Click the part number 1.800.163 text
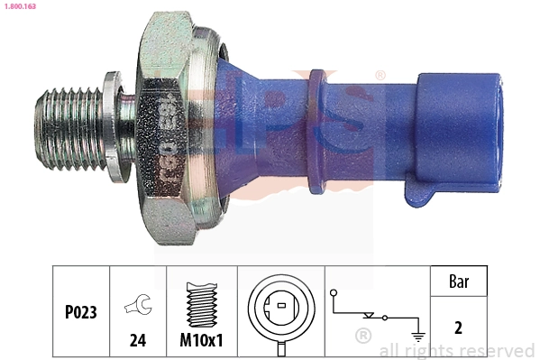19,6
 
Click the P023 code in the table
80,314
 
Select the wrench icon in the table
138,304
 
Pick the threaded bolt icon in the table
202,301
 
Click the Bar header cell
458,282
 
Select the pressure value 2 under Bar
458,328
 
